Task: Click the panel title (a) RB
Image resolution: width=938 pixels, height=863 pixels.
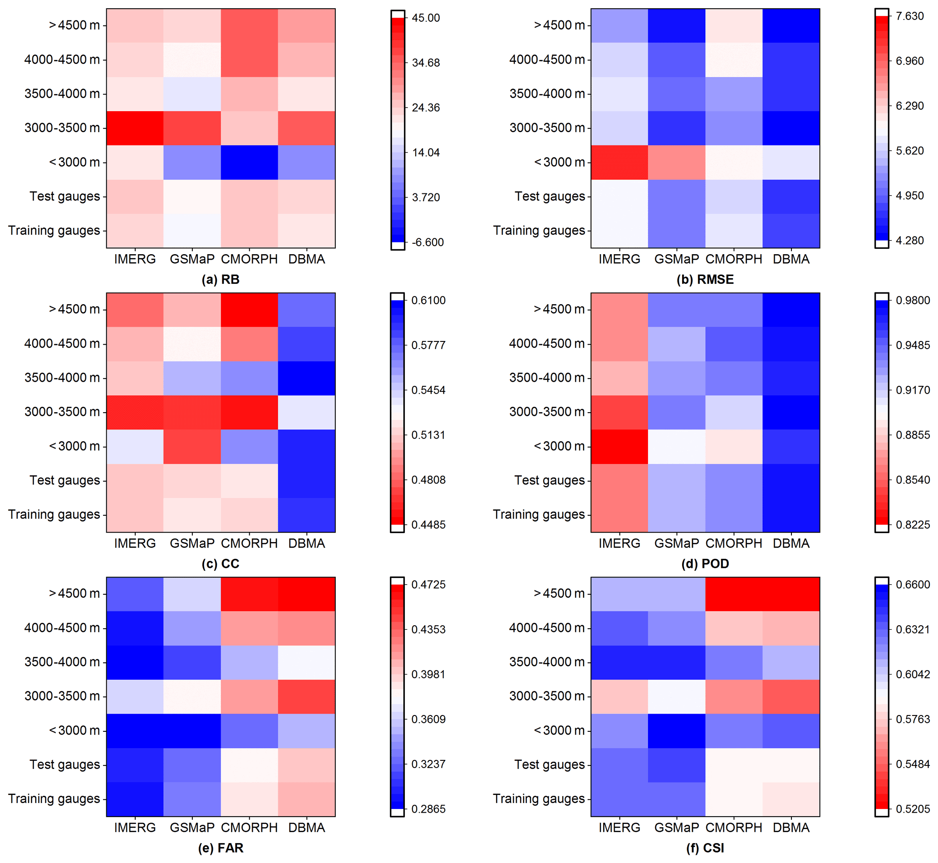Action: click(221, 279)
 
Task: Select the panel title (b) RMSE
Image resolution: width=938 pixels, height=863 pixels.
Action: click(705, 279)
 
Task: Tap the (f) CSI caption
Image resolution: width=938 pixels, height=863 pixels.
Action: click(705, 848)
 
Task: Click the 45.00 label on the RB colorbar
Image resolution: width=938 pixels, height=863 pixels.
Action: click(425, 18)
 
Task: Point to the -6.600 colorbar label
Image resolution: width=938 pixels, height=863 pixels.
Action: click(427, 242)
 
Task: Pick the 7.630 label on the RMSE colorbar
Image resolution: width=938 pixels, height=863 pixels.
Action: click(909, 16)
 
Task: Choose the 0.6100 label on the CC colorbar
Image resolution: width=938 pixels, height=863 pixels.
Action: click(428, 300)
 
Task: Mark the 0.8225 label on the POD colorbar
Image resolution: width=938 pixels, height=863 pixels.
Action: click(913, 524)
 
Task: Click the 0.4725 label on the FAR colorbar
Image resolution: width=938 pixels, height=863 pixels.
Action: click(428, 585)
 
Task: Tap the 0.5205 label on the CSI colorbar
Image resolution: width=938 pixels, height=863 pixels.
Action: click(913, 809)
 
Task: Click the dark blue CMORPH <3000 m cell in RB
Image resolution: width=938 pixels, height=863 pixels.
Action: click(249, 162)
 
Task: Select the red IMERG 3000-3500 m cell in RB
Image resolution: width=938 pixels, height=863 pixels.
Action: click(135, 128)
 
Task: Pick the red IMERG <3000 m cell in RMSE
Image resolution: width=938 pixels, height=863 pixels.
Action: click(619, 162)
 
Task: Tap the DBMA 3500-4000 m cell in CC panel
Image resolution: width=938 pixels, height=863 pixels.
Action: click(306, 378)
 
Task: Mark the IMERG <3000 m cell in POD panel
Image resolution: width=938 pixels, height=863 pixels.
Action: click(619, 446)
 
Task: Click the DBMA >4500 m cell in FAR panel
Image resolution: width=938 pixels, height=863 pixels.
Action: click(306, 593)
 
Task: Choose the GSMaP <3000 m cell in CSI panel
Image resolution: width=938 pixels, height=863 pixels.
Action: click(677, 730)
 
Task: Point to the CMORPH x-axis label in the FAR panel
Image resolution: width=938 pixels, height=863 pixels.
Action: click(249, 828)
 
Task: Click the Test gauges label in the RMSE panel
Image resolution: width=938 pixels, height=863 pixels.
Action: click(550, 196)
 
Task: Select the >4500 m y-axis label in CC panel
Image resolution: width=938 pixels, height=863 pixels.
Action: click(74, 309)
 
